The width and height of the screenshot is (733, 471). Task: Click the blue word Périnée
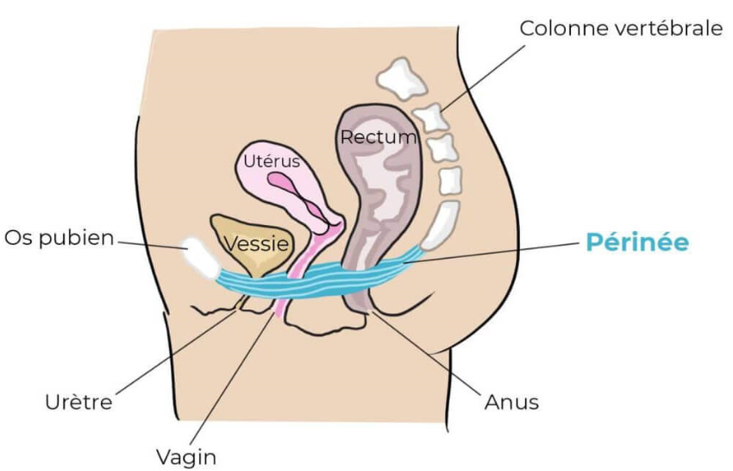click(x=637, y=242)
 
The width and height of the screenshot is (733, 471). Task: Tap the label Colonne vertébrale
click(x=621, y=28)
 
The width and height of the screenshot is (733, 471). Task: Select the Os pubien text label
click(x=60, y=238)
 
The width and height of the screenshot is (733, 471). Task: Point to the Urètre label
click(x=78, y=402)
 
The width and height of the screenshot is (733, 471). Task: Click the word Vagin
click(x=186, y=457)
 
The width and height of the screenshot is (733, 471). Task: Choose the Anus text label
click(x=511, y=402)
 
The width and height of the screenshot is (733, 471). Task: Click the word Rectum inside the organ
click(x=379, y=137)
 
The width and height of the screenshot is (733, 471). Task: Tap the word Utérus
click(x=272, y=161)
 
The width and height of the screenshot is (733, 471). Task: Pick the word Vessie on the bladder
click(x=256, y=243)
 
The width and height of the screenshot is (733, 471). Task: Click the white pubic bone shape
click(x=201, y=258)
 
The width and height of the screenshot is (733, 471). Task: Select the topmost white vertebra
click(x=402, y=78)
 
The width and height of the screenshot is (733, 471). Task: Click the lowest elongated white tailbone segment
click(x=440, y=225)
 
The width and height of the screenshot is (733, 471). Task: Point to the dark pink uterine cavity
click(x=297, y=192)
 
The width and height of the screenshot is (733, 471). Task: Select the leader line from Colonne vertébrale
click(x=483, y=78)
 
